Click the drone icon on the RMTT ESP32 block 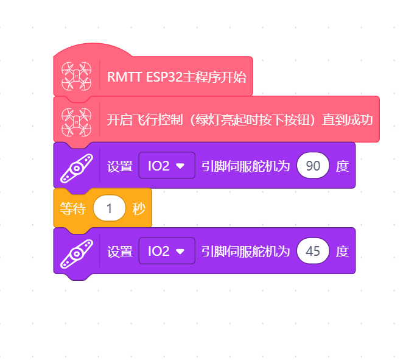pyautogui.click(x=76, y=76)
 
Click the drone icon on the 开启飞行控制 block pyautogui.click(x=76, y=122)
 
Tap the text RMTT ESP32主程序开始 pyautogui.click(x=177, y=77)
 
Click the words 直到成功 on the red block pyautogui.click(x=348, y=119)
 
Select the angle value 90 pyautogui.click(x=313, y=166)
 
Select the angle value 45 pyautogui.click(x=313, y=251)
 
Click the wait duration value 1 pyautogui.click(x=110, y=208)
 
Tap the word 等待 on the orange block pyautogui.click(x=72, y=208)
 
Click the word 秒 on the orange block pyautogui.click(x=139, y=208)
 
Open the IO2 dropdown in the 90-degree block pyautogui.click(x=167, y=166)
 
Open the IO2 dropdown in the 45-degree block pyautogui.click(x=167, y=251)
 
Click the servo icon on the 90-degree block pyautogui.click(x=77, y=168)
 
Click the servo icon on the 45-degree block pyautogui.click(x=77, y=254)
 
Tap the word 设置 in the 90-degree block pyautogui.click(x=120, y=166)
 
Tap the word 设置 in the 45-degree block pyautogui.click(x=120, y=252)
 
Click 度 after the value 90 pyautogui.click(x=342, y=166)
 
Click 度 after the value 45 pyautogui.click(x=342, y=252)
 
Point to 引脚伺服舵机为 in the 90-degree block pyautogui.click(x=246, y=166)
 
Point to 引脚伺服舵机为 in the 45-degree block pyautogui.click(x=246, y=252)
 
